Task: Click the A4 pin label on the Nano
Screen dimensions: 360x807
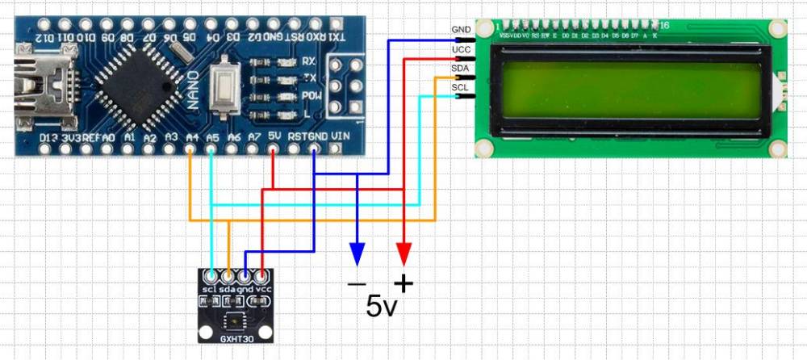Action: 191,138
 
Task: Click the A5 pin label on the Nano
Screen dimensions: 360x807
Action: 211,138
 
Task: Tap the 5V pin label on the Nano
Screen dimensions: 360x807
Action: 274,137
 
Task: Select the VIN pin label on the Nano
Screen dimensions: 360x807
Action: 341,137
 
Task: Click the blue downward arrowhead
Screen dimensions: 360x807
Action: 356,254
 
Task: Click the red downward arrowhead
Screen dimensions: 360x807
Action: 404,254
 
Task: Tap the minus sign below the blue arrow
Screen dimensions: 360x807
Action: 356,283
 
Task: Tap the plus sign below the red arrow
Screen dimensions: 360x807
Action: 403,283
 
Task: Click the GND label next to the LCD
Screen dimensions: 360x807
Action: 462,30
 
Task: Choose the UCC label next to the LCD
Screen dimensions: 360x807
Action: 462,51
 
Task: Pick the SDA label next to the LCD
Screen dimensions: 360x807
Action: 461,69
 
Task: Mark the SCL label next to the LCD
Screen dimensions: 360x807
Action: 461,87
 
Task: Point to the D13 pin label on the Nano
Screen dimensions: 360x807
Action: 48,138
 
